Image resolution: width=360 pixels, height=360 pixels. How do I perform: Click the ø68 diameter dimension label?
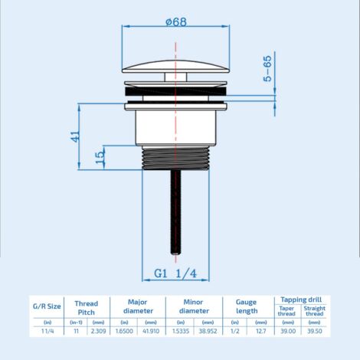tap(176, 21)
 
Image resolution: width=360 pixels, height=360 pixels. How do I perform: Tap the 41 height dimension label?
tap(76, 136)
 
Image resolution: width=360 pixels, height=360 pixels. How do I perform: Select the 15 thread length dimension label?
tap(100, 157)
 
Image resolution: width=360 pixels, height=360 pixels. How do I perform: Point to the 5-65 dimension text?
tap(267, 68)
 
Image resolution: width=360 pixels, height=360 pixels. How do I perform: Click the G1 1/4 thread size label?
tap(175, 273)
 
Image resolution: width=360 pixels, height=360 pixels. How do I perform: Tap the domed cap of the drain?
tap(176, 67)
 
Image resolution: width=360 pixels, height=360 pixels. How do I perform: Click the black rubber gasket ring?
tap(176, 91)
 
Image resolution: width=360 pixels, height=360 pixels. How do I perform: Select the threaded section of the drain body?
tap(175, 159)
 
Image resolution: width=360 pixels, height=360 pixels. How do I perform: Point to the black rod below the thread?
tap(175, 212)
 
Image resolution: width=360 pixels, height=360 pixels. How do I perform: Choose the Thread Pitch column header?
tap(87, 308)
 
